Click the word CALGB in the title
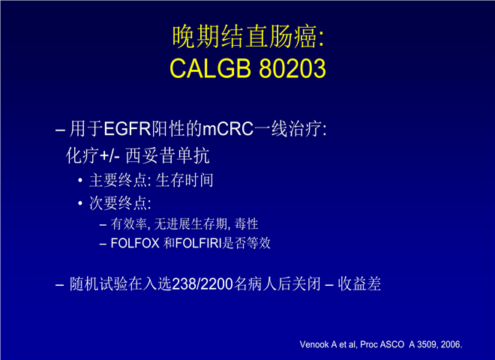point(210,68)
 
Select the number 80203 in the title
point(292,68)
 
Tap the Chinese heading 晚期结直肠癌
point(244,37)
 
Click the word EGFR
point(127,129)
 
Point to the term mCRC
point(227,129)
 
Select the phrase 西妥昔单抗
point(167,156)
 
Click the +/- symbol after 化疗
point(109,156)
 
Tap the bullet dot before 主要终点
point(80,180)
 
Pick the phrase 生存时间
point(184,180)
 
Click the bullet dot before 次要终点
point(80,203)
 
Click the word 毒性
point(246,224)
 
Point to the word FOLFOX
point(135,243)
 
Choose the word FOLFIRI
point(199,243)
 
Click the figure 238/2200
point(202,284)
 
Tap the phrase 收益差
point(359,284)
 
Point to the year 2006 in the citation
point(451,344)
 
